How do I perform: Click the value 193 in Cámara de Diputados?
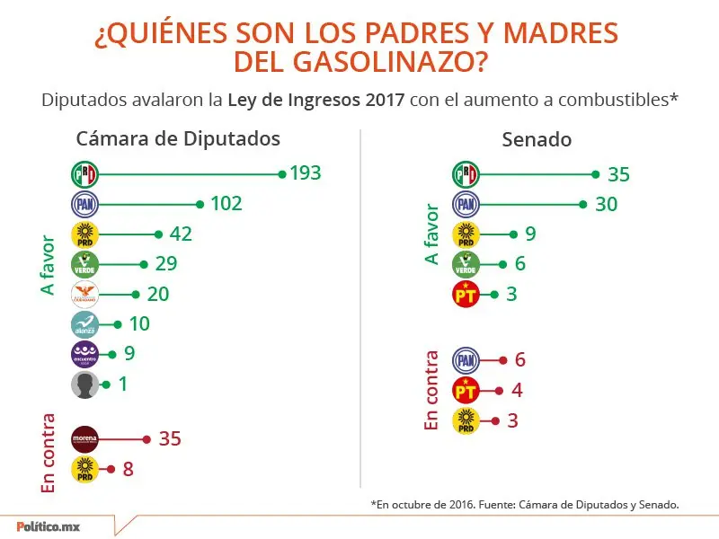pyautogui.click(x=306, y=173)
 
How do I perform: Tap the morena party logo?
pyautogui.click(x=84, y=438)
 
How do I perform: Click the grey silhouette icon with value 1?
pyautogui.click(x=84, y=384)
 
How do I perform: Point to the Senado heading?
pyautogui.click(x=537, y=140)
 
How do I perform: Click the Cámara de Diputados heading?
pyautogui.click(x=178, y=139)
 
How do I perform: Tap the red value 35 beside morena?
pyautogui.click(x=170, y=438)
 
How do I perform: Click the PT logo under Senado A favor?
pyautogui.click(x=466, y=295)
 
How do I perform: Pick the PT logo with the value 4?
pyautogui.click(x=466, y=390)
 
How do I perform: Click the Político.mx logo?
pyautogui.click(x=49, y=526)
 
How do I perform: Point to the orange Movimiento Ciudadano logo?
pyautogui.click(x=84, y=294)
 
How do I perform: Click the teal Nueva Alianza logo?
pyautogui.click(x=84, y=324)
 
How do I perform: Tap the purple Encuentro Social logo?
pyautogui.click(x=84, y=354)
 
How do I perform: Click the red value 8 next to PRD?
pyautogui.click(x=129, y=469)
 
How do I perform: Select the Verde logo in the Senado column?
pyautogui.click(x=466, y=264)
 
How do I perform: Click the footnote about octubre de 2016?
pyautogui.click(x=524, y=505)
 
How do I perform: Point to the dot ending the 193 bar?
pyautogui.click(x=282, y=173)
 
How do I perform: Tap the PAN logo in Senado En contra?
pyautogui.click(x=466, y=360)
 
